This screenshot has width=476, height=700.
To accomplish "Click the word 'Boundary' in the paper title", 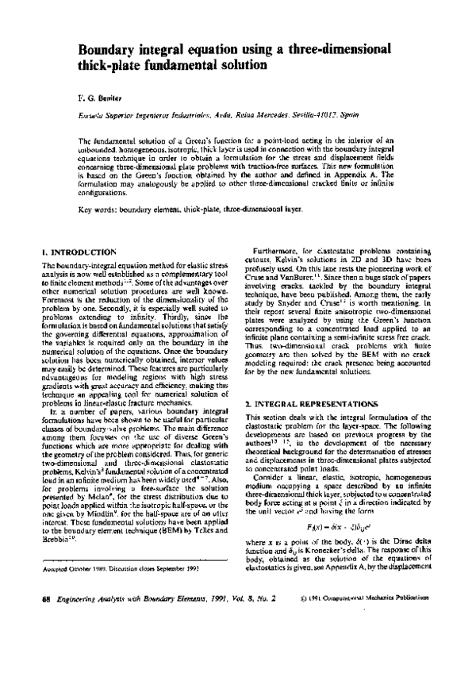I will [107, 50].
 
